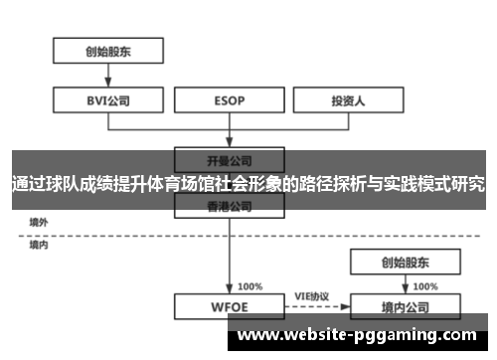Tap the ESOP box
(x=230, y=100)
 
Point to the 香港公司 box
(x=230, y=206)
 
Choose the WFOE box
(x=230, y=306)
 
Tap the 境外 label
(x=39, y=222)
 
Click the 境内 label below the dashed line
(x=39, y=244)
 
